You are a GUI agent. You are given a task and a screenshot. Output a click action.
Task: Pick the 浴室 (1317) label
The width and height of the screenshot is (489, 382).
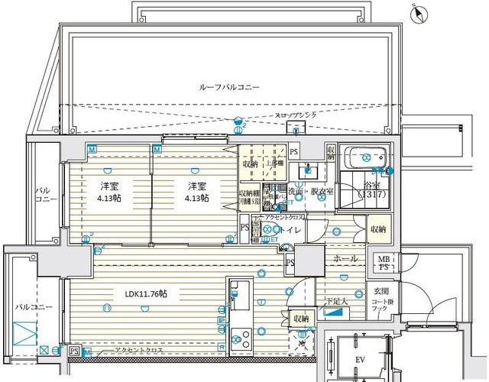[x=374, y=190]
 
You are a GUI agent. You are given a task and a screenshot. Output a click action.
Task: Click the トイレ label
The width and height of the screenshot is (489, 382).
[x=293, y=228]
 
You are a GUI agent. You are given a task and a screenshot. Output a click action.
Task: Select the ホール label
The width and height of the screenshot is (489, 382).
[x=345, y=259]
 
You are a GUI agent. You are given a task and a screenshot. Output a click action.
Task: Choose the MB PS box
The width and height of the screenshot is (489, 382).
[x=380, y=264]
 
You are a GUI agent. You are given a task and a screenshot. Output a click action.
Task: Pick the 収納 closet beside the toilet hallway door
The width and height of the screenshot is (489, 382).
[x=378, y=228]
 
